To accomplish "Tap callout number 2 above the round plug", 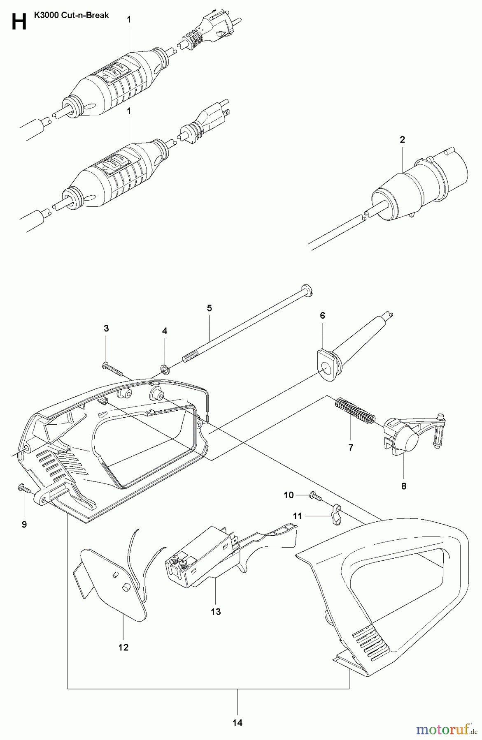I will [x=403, y=140].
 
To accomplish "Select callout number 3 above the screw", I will [x=106, y=328].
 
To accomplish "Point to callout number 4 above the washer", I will [x=165, y=331].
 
